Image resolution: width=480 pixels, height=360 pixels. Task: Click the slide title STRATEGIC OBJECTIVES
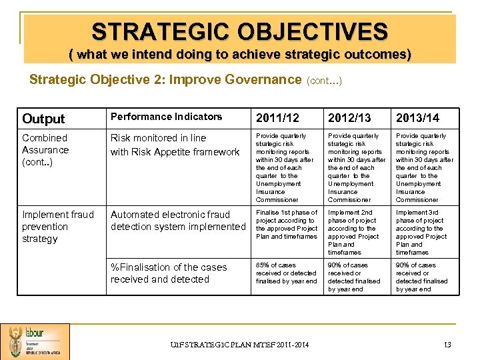coord(239,31)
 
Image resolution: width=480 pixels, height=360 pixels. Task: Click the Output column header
coord(43,119)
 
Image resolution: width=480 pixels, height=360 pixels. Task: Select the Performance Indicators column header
coord(166,117)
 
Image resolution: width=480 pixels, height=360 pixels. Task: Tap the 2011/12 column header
coord(278,118)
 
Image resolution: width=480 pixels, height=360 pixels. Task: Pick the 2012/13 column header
coord(349,118)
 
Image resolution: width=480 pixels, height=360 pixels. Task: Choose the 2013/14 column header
coord(418,118)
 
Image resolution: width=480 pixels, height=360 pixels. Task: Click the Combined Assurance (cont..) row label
coord(45,150)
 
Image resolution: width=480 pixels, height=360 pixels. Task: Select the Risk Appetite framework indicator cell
coord(175,145)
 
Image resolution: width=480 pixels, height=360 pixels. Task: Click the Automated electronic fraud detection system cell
coord(178,221)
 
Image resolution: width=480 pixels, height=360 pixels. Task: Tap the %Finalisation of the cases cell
coord(169,273)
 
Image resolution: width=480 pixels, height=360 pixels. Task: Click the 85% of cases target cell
coord(287,273)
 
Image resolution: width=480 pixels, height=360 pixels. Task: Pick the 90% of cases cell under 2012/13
coord(355,277)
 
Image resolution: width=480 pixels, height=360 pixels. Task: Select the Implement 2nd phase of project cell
coord(356,233)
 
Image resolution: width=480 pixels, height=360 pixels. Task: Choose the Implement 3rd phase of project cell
coord(424,233)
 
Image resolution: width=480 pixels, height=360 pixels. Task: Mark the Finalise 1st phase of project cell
coord(287,225)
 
